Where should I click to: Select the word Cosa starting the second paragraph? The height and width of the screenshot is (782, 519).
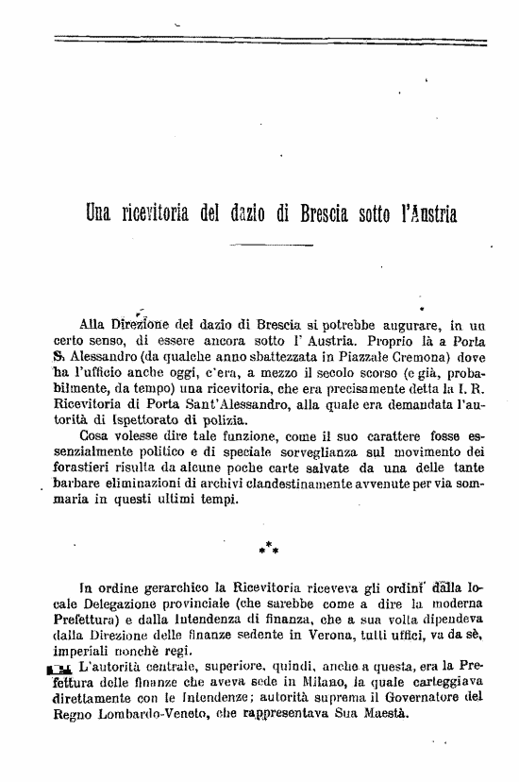[x=96, y=436]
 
